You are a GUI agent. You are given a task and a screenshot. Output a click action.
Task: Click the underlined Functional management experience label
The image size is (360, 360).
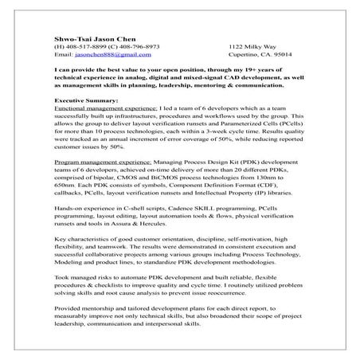pyautogui.click(x=96, y=109)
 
